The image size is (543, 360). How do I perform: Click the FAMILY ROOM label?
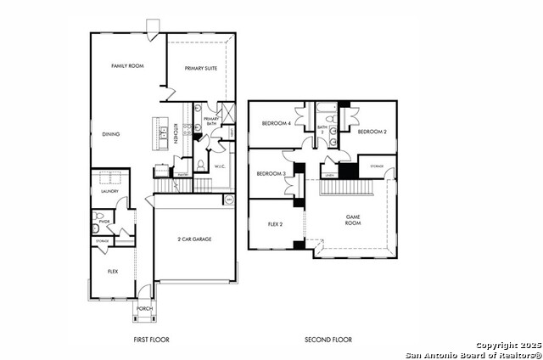click(126, 65)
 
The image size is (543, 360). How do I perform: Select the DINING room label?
click(111, 133)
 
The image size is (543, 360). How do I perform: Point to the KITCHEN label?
click(175, 135)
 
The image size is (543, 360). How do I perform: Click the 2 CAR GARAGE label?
click(194, 239)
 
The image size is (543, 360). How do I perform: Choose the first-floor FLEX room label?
click(112, 271)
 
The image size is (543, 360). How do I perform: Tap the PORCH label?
click(144, 308)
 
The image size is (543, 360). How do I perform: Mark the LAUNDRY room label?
click(109, 191)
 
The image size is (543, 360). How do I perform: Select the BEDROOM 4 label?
click(277, 123)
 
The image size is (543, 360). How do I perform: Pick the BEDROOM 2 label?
click(372, 132)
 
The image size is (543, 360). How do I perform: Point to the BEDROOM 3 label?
click(271, 173)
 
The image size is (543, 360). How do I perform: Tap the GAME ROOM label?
click(354, 220)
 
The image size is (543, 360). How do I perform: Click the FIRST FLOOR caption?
click(153, 340)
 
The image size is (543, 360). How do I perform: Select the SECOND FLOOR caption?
click(328, 340)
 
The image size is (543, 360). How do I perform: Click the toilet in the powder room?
click(98, 227)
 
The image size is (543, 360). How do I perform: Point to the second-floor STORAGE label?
click(377, 166)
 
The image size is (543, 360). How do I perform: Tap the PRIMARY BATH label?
click(211, 121)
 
